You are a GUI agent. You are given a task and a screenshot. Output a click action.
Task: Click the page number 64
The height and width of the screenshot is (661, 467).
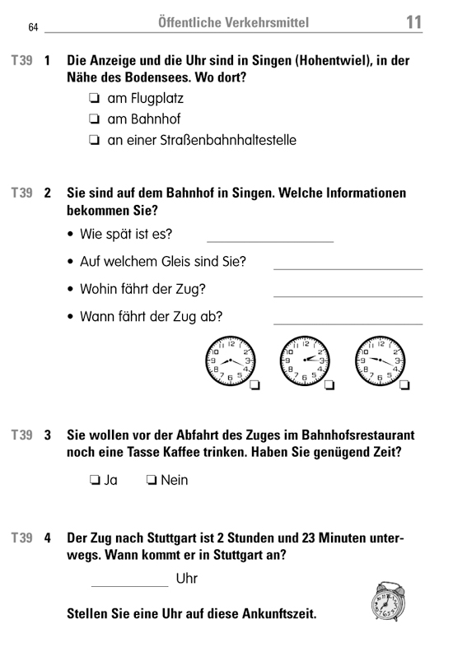click(33, 27)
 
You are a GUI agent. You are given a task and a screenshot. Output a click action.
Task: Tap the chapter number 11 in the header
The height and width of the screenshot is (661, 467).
click(413, 22)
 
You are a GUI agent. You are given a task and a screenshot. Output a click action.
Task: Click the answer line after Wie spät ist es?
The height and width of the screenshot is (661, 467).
click(269, 240)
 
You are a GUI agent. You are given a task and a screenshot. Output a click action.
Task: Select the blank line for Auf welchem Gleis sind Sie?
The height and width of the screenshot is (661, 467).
click(347, 268)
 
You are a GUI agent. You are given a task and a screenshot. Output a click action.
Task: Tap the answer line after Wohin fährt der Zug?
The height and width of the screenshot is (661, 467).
click(347, 296)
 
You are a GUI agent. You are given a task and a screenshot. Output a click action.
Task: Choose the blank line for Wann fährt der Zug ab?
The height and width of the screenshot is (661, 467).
click(347, 323)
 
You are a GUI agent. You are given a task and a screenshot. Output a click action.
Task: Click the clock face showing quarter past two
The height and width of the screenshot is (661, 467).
click(304, 360)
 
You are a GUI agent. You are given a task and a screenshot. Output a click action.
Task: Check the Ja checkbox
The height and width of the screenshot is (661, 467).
click(96, 480)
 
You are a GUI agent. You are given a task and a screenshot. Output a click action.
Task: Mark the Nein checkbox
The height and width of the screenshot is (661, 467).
click(152, 480)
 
